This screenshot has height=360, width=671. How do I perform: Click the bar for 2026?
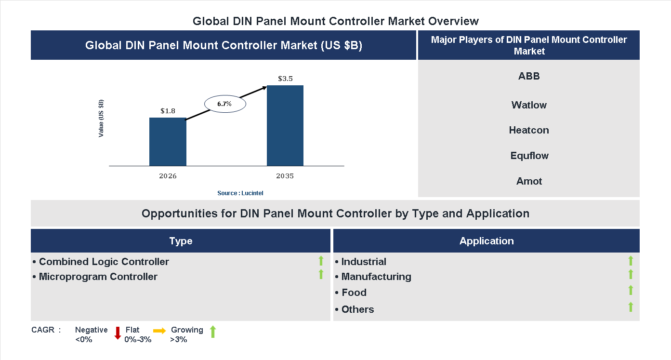[168, 142]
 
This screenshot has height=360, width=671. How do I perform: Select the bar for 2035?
[285, 126]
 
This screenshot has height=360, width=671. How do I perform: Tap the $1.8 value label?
[168, 111]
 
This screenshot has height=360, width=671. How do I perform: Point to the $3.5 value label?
[285, 79]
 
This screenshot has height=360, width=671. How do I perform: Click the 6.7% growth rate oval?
[225, 104]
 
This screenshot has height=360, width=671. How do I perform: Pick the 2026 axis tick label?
[168, 176]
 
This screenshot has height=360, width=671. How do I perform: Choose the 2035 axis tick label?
[285, 176]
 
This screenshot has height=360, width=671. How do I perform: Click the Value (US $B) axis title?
[101, 119]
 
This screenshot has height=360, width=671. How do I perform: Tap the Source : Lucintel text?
[240, 193]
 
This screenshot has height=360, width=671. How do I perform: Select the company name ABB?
[529, 76]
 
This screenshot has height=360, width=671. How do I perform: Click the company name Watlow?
[529, 105]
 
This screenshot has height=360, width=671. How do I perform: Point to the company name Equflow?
[529, 156]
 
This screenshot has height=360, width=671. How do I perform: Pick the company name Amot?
[529, 181]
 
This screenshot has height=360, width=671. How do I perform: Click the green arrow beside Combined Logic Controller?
[321, 261]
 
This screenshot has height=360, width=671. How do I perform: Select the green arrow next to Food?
[631, 290]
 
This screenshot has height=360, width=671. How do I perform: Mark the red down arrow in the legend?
[118, 333]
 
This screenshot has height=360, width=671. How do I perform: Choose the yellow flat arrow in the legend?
[159, 331]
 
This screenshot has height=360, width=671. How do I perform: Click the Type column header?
[181, 241]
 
